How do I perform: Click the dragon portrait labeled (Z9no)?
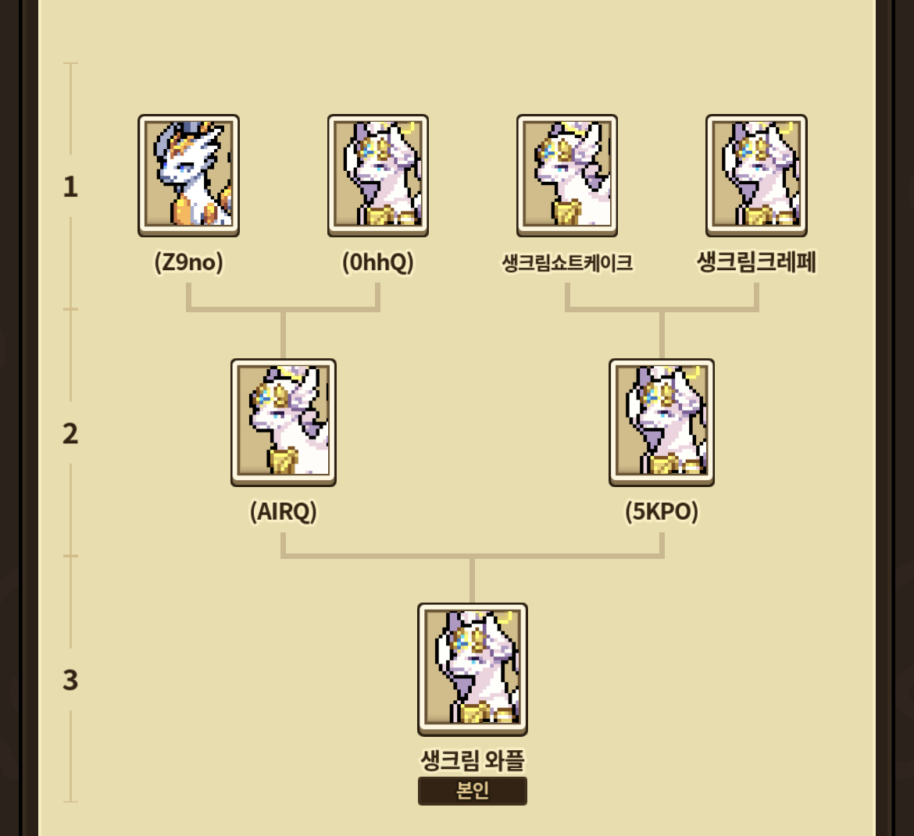(x=188, y=175)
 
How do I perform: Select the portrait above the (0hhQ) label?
(x=377, y=175)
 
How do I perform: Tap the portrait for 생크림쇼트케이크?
(x=567, y=175)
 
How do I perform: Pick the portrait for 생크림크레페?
(x=756, y=175)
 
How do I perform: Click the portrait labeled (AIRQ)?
(x=284, y=422)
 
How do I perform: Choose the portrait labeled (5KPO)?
(x=662, y=422)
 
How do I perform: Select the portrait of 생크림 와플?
(x=473, y=668)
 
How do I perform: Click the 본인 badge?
(x=473, y=791)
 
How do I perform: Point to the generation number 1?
(x=70, y=187)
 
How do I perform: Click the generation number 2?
(x=70, y=433)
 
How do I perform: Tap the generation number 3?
(x=70, y=680)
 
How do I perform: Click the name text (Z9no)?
(x=188, y=262)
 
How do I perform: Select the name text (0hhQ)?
(x=377, y=262)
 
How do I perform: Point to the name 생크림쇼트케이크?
(x=567, y=263)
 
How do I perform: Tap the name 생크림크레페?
(x=756, y=262)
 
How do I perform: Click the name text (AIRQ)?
(x=284, y=511)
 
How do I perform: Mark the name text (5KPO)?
(x=662, y=511)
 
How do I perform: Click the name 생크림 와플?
(x=473, y=760)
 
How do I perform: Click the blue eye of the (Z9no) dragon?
(x=184, y=166)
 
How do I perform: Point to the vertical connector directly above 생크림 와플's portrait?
(x=473, y=580)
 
